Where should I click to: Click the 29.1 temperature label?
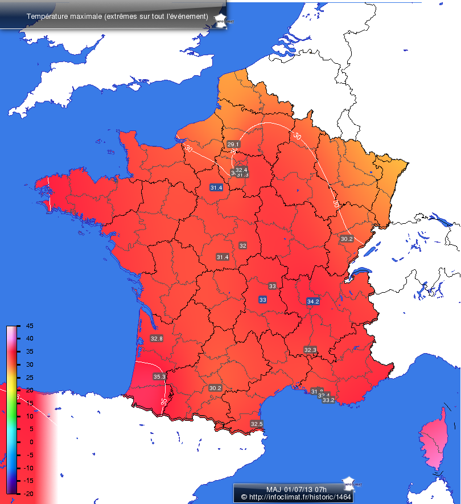tap(233, 144)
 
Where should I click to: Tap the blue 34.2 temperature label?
tap(313, 301)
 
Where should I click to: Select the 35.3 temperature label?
tap(159, 376)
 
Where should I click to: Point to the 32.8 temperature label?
tap(157, 338)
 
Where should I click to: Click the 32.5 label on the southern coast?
tap(257, 424)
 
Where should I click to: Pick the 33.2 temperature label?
tap(328, 400)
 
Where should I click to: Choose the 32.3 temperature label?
tap(310, 350)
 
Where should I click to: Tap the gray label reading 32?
tap(243, 245)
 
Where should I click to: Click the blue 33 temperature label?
tap(262, 300)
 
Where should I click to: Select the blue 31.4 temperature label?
tap(216, 187)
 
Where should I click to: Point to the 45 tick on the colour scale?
tap(29, 326)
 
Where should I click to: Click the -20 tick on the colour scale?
tap(28, 493)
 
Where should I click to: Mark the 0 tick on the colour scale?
tap(29, 441)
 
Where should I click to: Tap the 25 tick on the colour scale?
tap(29, 377)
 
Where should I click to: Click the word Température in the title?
tap(45, 16)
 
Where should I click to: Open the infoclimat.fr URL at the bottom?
tap(297, 497)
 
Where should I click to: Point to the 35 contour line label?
tap(164, 401)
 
